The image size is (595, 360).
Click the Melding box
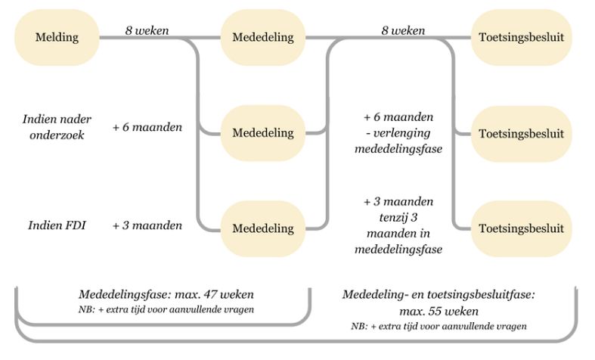57,37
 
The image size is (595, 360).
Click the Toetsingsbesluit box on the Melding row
520,37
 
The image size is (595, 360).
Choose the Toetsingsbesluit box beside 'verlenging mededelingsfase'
520,133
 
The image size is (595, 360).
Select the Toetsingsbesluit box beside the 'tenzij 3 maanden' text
520,228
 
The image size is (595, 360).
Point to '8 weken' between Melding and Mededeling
147,31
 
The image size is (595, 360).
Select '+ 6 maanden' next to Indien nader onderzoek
147,126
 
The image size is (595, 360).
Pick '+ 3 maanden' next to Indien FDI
147,225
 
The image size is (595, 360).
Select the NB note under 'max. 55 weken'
439,326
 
